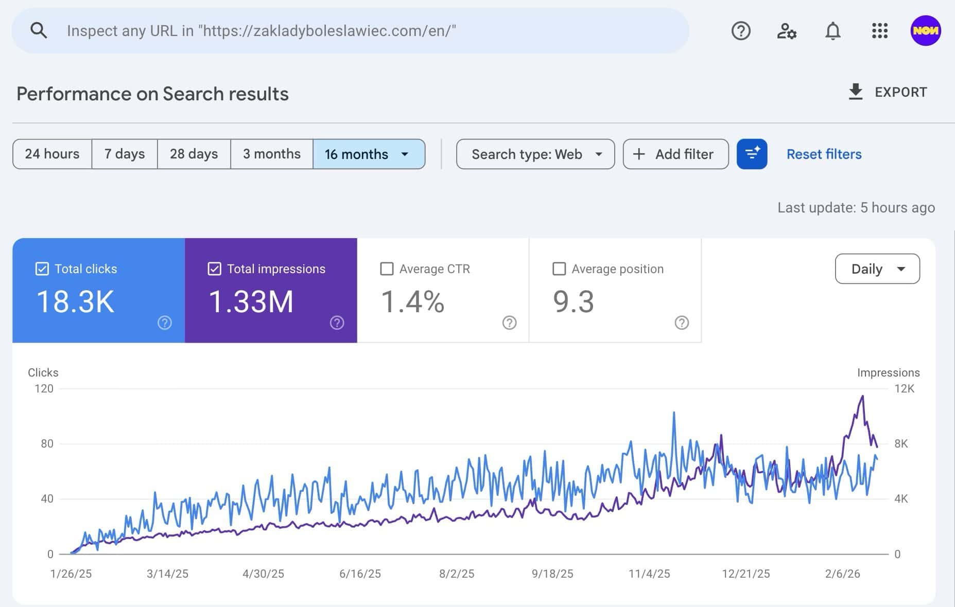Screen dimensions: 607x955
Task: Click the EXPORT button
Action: (x=888, y=92)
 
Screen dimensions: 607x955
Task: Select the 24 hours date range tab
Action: (x=52, y=154)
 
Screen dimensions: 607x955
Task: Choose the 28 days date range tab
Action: (x=194, y=154)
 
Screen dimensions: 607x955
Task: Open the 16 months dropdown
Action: (x=369, y=154)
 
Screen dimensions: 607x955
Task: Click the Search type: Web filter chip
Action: (x=535, y=154)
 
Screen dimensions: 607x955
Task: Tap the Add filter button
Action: (x=675, y=154)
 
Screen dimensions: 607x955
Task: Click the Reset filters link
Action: (x=824, y=154)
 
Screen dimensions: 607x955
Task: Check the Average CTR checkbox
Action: (x=387, y=269)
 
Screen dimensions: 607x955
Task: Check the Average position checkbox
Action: (x=559, y=269)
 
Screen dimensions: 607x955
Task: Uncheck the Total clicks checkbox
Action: (x=42, y=269)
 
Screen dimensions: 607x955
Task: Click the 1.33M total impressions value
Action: (x=251, y=301)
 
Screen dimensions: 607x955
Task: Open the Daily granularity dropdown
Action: (x=877, y=269)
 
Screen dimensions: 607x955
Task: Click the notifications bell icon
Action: (x=832, y=31)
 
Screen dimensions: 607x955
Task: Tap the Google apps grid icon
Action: (x=879, y=31)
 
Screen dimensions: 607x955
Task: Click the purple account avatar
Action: (x=925, y=31)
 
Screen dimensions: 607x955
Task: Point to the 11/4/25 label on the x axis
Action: (x=649, y=574)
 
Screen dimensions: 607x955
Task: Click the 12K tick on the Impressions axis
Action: (x=904, y=388)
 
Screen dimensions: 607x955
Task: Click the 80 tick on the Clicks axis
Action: (x=47, y=443)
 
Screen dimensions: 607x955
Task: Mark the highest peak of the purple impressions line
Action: (x=863, y=396)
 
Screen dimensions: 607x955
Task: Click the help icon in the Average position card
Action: (x=682, y=323)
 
